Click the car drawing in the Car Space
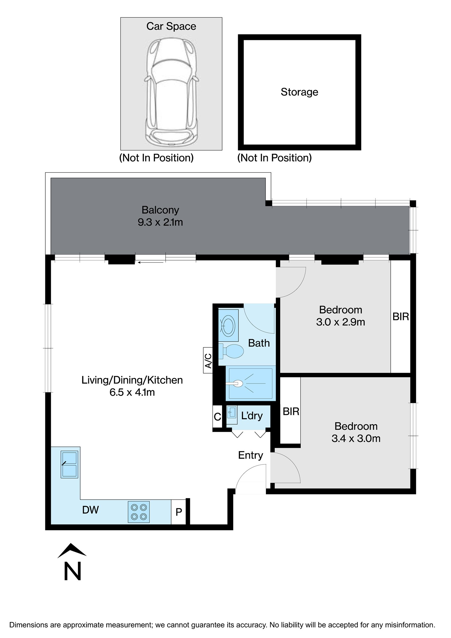[x=171, y=93]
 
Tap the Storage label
[x=299, y=92]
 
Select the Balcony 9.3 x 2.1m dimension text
[x=160, y=222]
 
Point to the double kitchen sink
[x=69, y=464]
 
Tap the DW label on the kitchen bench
[x=90, y=510]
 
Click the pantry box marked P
[x=178, y=512]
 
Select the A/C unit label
[x=208, y=360]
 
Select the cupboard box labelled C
[x=217, y=416]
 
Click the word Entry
[x=251, y=455]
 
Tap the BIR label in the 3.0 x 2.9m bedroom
[x=401, y=316]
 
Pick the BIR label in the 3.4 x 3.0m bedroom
[x=291, y=412]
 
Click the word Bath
[x=259, y=343]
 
